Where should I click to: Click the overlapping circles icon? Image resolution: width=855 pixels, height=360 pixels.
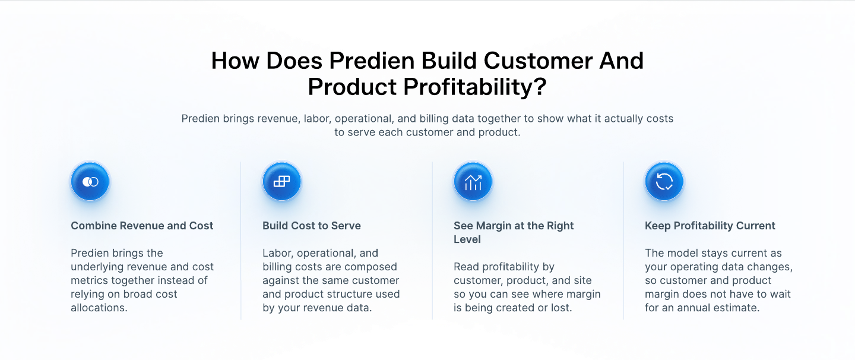(90, 182)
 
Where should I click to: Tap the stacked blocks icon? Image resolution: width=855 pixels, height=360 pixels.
(281, 182)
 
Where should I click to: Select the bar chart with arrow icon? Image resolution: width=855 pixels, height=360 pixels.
(473, 182)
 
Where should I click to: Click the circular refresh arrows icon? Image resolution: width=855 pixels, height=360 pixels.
(664, 182)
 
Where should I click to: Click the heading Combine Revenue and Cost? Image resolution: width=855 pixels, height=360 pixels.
(142, 226)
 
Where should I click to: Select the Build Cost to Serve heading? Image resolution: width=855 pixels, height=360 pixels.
(312, 226)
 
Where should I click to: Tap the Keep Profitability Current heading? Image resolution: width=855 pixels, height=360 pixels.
(710, 226)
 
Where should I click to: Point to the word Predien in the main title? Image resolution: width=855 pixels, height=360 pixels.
(372, 61)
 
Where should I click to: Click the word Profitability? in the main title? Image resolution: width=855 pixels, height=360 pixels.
(475, 87)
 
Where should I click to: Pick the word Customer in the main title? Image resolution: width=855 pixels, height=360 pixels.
(538, 61)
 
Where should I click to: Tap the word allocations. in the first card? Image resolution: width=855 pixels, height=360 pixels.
(99, 308)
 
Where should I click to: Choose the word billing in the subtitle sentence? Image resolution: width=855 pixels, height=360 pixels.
(434, 119)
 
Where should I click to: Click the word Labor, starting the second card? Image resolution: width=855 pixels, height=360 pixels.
(278, 253)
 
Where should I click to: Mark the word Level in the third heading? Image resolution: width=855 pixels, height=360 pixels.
(467, 239)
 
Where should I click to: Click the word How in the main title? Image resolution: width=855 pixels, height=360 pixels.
(235, 61)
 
